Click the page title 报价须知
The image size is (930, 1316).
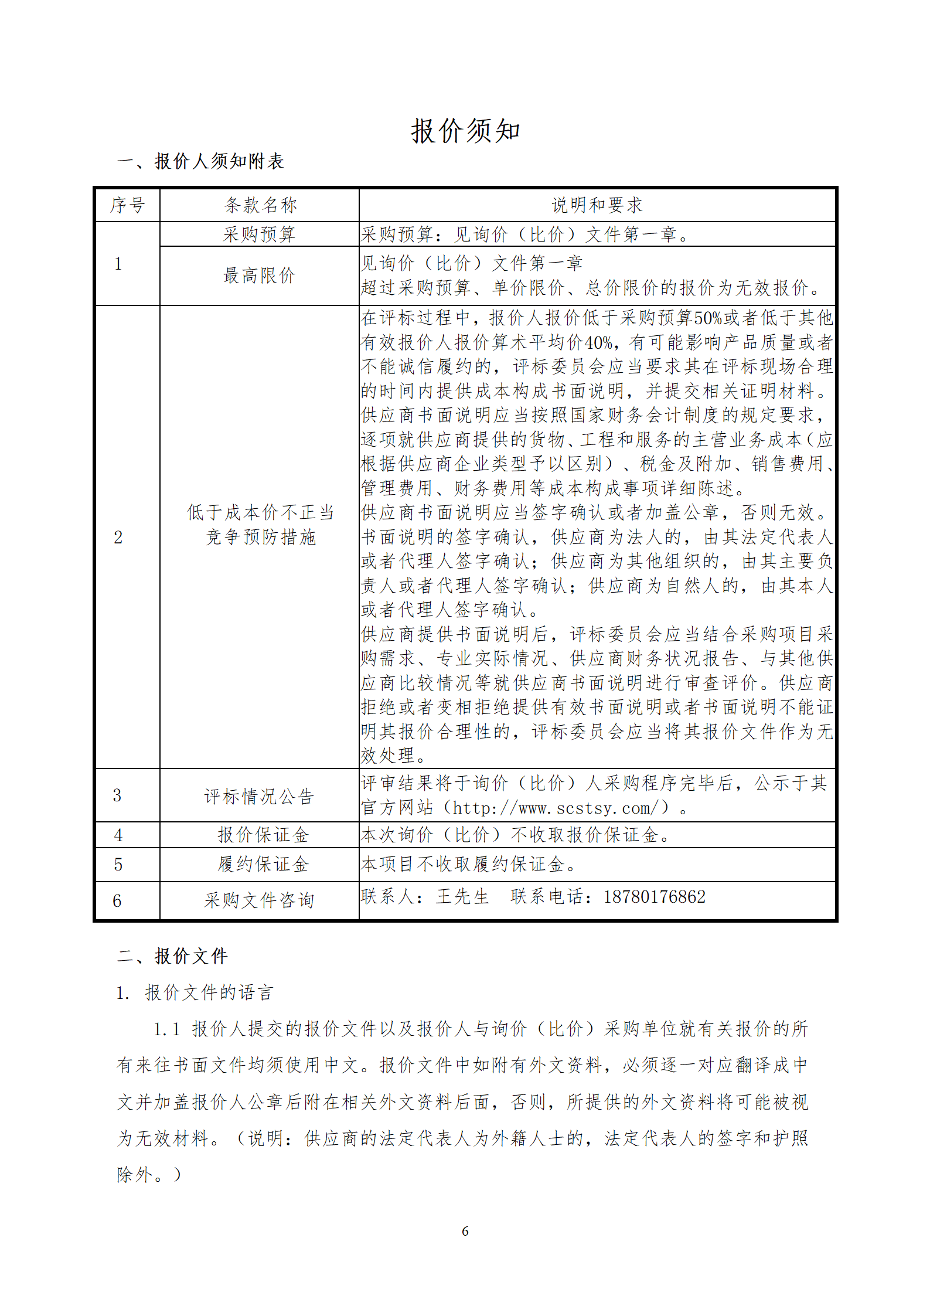(465, 131)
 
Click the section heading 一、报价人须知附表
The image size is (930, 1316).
(200, 161)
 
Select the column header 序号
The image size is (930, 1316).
(127, 205)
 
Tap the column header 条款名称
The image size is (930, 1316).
(260, 205)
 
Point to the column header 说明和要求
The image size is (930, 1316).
(597, 205)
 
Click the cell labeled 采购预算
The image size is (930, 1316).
(259, 234)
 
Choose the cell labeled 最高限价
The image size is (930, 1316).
(259, 276)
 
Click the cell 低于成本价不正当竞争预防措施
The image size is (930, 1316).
(260, 525)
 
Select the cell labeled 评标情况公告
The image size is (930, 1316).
(259, 797)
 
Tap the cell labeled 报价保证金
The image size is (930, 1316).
(263, 835)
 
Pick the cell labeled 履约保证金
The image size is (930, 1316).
(263, 865)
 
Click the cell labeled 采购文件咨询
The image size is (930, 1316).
(259, 900)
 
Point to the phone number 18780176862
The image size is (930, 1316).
(655, 897)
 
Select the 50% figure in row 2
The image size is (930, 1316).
(708, 318)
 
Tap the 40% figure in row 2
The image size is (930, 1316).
(598, 342)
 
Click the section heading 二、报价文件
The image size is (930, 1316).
(172, 956)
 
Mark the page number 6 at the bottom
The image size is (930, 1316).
(465, 1231)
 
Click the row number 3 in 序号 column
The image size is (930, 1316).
(117, 795)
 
